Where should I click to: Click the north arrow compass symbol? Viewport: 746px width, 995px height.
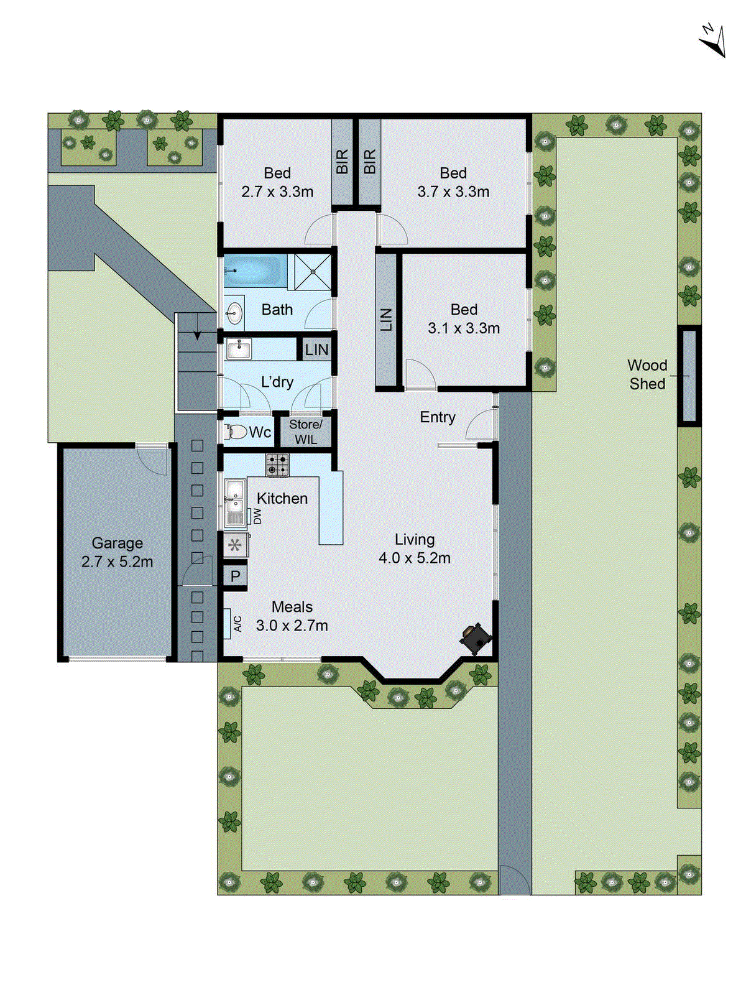pyautogui.click(x=714, y=40)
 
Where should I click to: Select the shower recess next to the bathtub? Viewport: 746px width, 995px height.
pyautogui.click(x=313, y=271)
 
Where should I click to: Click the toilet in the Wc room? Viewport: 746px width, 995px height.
pyautogui.click(x=236, y=432)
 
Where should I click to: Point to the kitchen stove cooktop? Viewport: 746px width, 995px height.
pyautogui.click(x=277, y=465)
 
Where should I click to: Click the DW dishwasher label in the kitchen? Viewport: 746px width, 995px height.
pyautogui.click(x=257, y=516)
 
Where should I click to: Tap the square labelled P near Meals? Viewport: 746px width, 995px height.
pyautogui.click(x=235, y=576)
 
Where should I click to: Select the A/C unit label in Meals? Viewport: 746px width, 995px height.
pyautogui.click(x=237, y=624)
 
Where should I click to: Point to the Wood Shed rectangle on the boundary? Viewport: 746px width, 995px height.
pyautogui.click(x=689, y=376)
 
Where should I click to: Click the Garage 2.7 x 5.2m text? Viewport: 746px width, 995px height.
pyautogui.click(x=117, y=552)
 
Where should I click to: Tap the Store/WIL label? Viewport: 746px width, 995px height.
pyautogui.click(x=305, y=432)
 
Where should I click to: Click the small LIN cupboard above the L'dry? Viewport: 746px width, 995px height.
pyautogui.click(x=316, y=349)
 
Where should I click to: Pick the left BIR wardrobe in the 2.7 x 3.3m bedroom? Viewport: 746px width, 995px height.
pyautogui.click(x=342, y=161)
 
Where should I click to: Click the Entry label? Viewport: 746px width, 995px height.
pyautogui.click(x=437, y=417)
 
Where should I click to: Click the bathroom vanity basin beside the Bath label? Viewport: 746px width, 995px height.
pyautogui.click(x=234, y=313)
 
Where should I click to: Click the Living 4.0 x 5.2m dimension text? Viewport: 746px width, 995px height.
pyautogui.click(x=414, y=549)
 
